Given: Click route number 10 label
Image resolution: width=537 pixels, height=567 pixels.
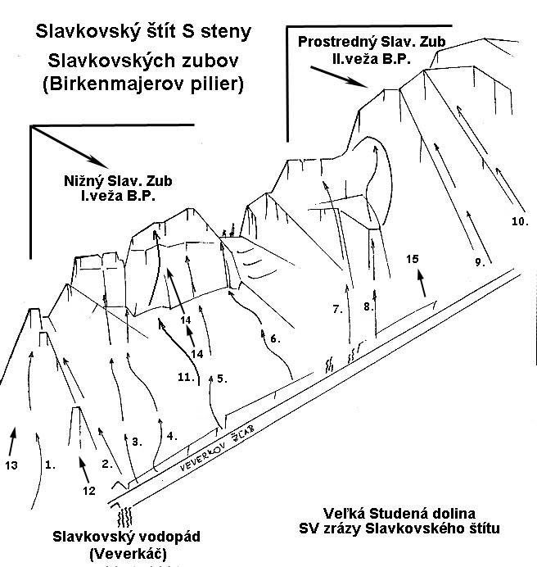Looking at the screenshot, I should coord(521,221).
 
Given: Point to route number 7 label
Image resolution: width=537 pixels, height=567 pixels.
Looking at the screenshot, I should coord(337,309).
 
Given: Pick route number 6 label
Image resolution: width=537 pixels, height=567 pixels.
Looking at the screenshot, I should coord(275,338).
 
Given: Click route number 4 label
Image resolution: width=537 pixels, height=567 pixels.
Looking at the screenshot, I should coord(172,436).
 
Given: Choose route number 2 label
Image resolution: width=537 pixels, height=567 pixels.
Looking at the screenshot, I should coord(106,464).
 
